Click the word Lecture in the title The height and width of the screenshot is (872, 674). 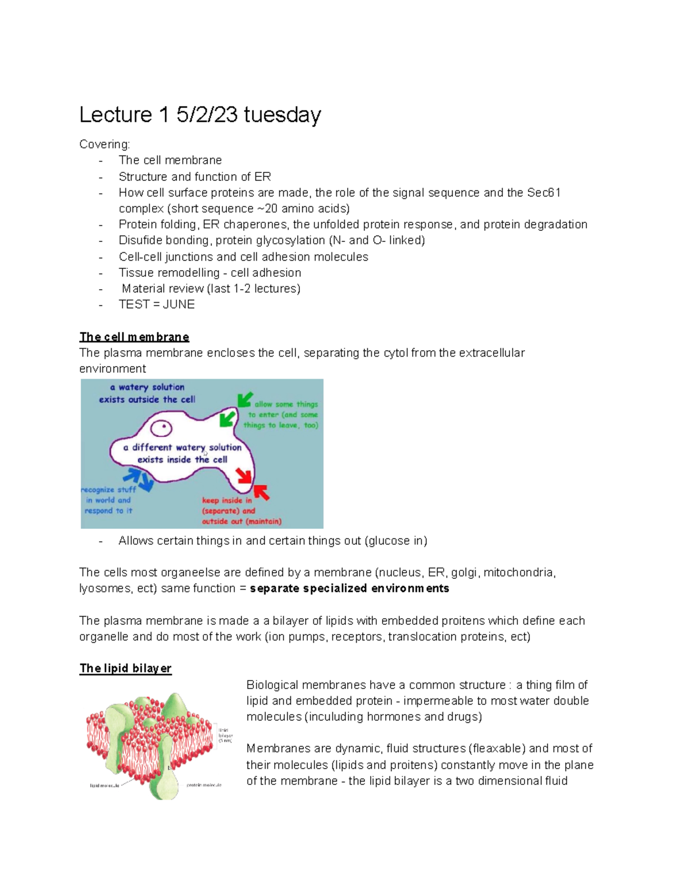pos(116,115)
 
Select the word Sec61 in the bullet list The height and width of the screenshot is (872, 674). pos(544,193)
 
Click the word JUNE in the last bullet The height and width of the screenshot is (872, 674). pos(179,304)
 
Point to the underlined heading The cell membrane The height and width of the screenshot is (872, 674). pos(134,337)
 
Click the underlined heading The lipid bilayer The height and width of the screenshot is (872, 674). pos(125,668)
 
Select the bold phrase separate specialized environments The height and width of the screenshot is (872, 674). pos(349,588)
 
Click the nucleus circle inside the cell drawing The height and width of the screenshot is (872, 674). pos(163,429)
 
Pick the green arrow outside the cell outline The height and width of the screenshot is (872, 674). pos(245,399)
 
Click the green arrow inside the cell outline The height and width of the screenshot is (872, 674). pos(227,419)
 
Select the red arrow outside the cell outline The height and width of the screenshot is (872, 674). pos(262,492)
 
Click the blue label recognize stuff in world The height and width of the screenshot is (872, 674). pos(108,500)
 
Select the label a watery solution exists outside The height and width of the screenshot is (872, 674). pos(147,393)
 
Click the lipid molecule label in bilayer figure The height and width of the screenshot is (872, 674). pos(104,785)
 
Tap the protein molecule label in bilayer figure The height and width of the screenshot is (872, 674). pos(204,784)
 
